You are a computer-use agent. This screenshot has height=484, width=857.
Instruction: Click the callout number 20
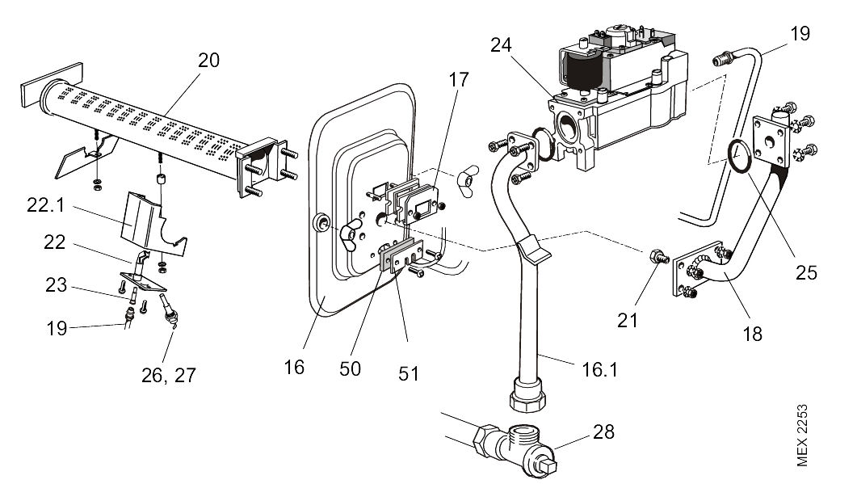(x=209, y=61)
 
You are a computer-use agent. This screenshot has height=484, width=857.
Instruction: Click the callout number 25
(x=805, y=272)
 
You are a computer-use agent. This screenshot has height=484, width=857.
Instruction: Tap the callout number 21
(x=628, y=320)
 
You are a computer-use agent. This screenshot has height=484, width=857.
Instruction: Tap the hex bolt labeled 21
(x=657, y=259)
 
